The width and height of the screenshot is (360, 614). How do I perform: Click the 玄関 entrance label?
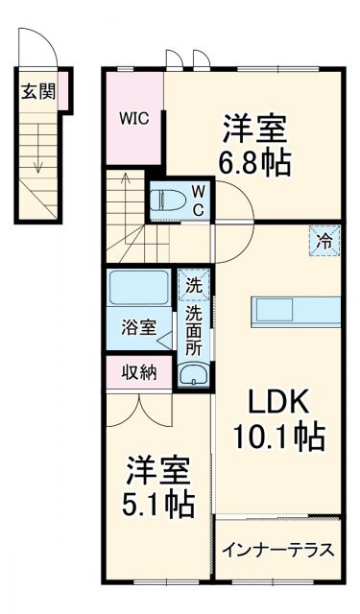(x=39, y=93)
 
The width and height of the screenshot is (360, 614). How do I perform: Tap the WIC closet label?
(x=133, y=119)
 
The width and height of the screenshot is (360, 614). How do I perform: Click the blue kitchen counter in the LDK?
(x=296, y=311)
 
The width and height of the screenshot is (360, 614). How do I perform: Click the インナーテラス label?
(x=277, y=551)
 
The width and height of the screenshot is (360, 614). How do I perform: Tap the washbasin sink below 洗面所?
(x=194, y=375)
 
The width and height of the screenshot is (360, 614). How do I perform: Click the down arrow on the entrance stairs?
(x=38, y=153)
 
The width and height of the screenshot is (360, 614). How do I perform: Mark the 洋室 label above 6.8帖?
(x=254, y=126)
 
